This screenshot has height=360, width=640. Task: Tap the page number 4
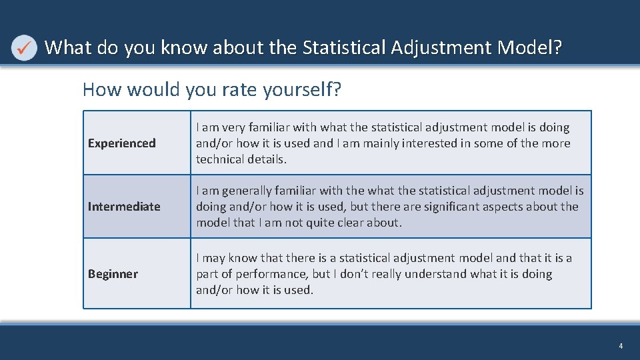coord(621,346)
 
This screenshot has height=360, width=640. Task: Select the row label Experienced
coord(122,143)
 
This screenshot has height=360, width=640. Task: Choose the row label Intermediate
coord(124,207)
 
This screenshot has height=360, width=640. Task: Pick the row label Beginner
coord(113,274)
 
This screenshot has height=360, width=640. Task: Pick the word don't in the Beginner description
coord(356,274)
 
